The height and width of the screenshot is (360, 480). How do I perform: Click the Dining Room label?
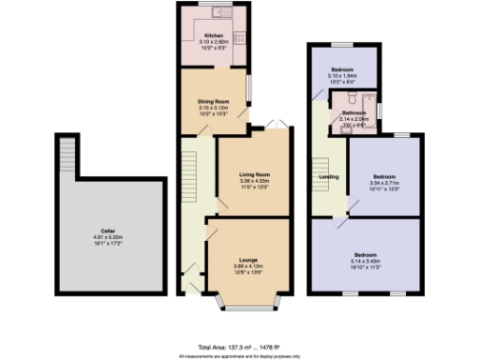(x=213, y=100)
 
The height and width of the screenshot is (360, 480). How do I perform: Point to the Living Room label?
(x=255, y=173)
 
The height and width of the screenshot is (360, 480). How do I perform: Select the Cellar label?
(x=109, y=230)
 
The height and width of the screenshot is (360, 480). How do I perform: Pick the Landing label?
(x=329, y=175)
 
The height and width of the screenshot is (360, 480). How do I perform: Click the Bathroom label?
(x=353, y=112)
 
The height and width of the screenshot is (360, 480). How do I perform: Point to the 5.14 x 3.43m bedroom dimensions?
(x=366, y=260)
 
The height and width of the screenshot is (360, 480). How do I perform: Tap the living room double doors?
(x=273, y=125)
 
